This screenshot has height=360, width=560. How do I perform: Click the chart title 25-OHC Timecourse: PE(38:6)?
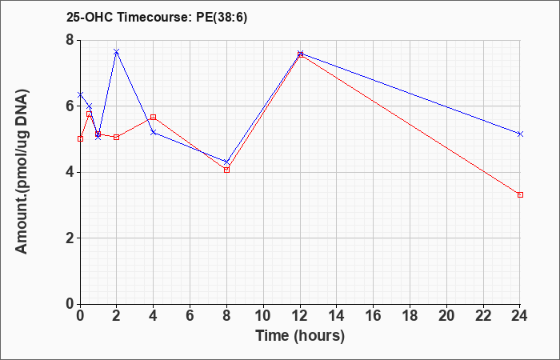point(157,18)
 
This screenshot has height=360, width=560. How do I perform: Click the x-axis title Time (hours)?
point(300,336)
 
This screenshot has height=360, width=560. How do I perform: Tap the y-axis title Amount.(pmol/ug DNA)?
point(22,172)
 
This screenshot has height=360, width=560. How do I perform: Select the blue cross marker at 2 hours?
point(116,52)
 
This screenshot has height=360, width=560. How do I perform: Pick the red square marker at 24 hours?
point(520,194)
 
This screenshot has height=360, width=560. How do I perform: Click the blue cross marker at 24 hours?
point(520,134)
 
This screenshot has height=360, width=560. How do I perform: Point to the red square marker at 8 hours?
point(226,170)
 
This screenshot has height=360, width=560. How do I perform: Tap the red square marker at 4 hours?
point(154,117)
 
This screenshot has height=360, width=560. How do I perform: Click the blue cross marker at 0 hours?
point(80,94)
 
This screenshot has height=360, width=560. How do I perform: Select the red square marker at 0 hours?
point(80,139)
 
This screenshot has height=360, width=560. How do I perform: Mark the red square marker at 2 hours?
point(116,137)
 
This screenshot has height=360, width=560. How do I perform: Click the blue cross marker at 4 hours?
point(154,133)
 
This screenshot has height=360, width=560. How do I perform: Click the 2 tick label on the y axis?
point(70,238)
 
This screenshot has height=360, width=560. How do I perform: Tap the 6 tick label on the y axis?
point(70,106)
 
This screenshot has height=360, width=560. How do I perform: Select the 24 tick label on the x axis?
point(520,316)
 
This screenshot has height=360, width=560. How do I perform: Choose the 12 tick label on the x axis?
point(300,316)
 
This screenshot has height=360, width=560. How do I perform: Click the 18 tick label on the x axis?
point(410,316)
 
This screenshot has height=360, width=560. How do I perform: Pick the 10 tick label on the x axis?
point(263,316)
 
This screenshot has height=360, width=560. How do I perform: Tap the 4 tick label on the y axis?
point(70,172)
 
